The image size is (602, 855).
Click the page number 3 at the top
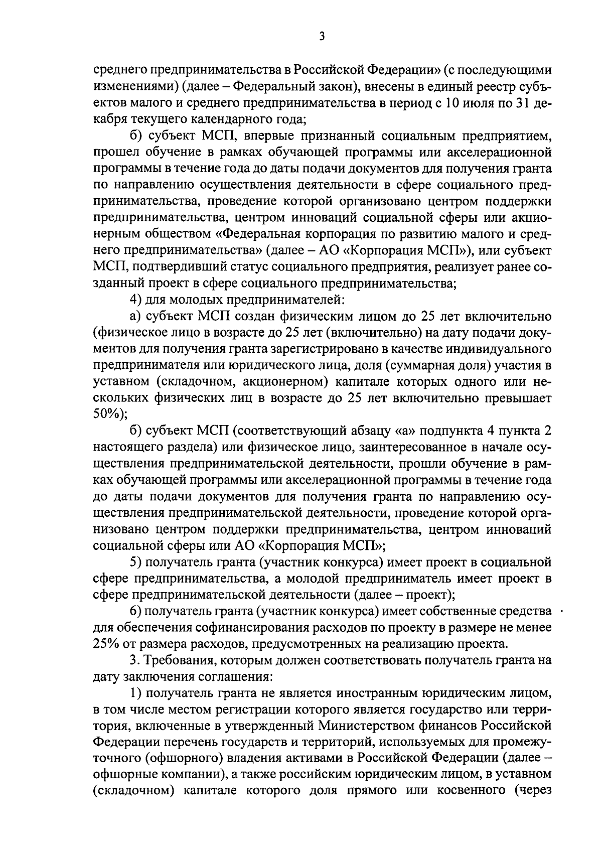point(322,37)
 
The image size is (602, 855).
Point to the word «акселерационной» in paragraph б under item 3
point(494,152)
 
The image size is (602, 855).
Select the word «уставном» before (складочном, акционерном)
point(120,381)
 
